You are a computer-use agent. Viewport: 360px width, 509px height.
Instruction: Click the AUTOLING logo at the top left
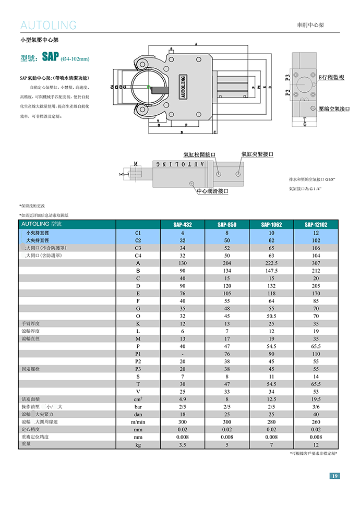tap(48, 25)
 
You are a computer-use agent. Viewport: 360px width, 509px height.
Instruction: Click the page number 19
tap(334, 476)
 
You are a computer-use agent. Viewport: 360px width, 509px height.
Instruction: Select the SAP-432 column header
tap(182, 225)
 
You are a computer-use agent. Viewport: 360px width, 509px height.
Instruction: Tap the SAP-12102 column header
tap(316, 225)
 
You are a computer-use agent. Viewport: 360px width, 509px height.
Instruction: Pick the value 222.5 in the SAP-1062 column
tap(271, 263)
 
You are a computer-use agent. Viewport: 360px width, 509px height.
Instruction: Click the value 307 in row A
tap(316, 263)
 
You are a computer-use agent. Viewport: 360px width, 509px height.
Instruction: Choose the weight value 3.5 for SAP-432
tap(182, 445)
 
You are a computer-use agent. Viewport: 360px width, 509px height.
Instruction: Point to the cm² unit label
tap(138, 399)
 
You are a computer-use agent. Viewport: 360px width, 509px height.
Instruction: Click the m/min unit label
tap(138, 422)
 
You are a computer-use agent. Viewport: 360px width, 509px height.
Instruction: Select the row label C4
tap(138, 256)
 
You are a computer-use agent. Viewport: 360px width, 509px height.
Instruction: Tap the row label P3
tap(138, 368)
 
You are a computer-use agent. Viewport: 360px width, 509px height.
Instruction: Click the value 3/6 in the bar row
tap(316, 407)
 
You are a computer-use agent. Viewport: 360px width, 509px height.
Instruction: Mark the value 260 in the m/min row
tap(316, 422)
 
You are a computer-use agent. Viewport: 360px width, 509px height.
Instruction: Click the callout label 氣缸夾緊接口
tap(257, 154)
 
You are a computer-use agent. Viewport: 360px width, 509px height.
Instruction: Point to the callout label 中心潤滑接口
tap(212, 191)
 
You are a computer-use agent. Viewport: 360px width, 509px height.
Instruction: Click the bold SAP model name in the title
tap(51, 57)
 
